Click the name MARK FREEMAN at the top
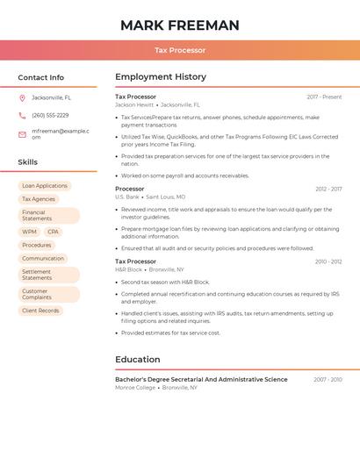(x=180, y=25)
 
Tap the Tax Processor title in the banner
(x=180, y=51)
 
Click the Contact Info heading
(x=41, y=77)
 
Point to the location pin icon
(x=22, y=98)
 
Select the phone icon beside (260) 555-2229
(x=22, y=116)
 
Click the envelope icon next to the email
(x=22, y=134)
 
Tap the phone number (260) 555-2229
(x=50, y=116)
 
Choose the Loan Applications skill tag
(x=45, y=186)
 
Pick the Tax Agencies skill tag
(x=39, y=199)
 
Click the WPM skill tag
(x=30, y=232)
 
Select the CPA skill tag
(x=54, y=232)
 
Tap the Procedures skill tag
(x=37, y=246)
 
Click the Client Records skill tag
(x=40, y=311)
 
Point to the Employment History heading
(x=161, y=77)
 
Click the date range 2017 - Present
(x=324, y=97)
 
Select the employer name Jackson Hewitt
(x=134, y=104)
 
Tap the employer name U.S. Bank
(x=127, y=197)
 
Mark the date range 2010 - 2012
(x=328, y=261)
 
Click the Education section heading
(x=138, y=360)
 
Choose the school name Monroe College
(x=135, y=387)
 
